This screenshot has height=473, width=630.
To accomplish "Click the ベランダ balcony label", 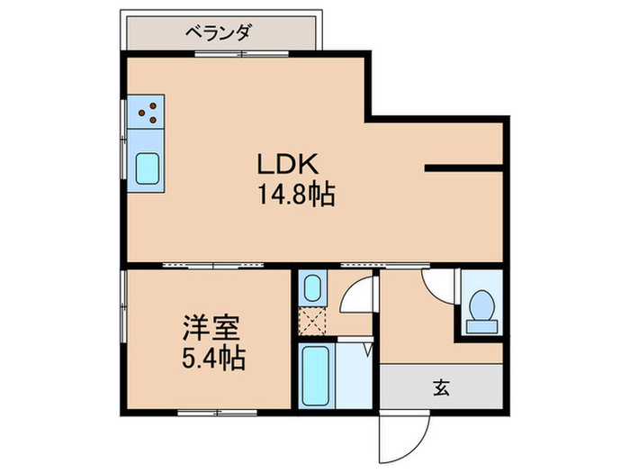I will pos(218,33).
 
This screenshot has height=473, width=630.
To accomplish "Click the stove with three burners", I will pos(150,113).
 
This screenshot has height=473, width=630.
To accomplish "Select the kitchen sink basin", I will pos(148,168).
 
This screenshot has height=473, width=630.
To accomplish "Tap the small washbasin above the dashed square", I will pos(311,289).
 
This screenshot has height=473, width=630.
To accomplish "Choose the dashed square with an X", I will pos(311,321).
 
